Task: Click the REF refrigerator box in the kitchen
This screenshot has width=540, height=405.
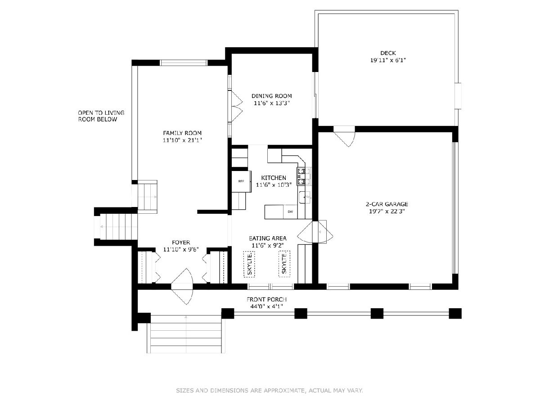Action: (241, 181)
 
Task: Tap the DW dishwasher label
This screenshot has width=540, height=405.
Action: (290, 211)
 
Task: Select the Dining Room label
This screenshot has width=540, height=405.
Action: (272, 96)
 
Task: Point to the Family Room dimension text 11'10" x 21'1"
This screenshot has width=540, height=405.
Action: (182, 140)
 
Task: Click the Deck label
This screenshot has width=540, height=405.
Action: (388, 53)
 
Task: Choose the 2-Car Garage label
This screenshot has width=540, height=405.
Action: (387, 204)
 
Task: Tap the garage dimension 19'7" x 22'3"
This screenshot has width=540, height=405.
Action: (387, 211)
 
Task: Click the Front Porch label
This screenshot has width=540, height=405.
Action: (267, 300)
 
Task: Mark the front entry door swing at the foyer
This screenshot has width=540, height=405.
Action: (182, 287)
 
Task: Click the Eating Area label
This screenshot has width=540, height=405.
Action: (268, 238)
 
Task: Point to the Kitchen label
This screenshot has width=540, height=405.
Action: (274, 178)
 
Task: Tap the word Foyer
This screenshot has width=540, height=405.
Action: (181, 242)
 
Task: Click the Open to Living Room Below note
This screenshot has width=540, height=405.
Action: (101, 116)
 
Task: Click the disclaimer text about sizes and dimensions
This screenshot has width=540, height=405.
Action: (270, 390)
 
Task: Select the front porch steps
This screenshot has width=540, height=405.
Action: (186, 334)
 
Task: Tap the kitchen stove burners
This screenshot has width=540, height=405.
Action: (304, 176)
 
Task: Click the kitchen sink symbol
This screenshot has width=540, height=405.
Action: (305, 197)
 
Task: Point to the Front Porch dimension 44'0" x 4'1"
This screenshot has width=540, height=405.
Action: (267, 306)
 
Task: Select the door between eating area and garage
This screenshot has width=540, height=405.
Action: (315, 232)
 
